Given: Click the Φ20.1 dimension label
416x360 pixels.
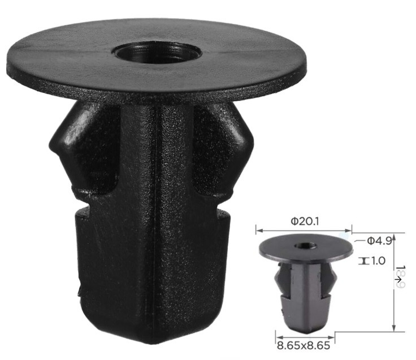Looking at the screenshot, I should point(304,222).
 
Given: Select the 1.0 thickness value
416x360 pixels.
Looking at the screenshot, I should point(377,261).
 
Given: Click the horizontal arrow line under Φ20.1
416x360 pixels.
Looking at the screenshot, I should point(304,231).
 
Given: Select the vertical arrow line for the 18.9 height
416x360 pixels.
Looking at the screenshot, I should point(394,283).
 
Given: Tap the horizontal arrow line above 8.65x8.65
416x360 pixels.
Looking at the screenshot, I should point(302,333).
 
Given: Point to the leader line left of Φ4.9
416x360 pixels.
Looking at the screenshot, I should point(360,240).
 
